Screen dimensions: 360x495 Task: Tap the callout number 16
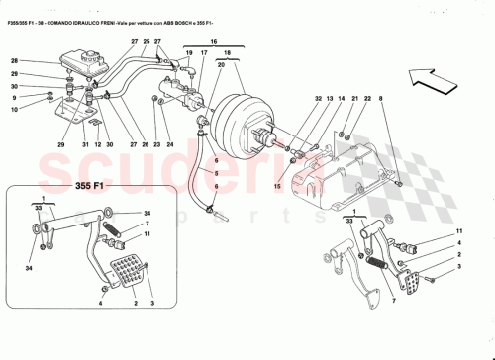[212, 43]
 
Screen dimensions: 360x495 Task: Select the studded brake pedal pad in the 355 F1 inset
[129, 271]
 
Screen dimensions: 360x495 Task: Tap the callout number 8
[379, 99]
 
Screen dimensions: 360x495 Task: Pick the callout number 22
[367, 99]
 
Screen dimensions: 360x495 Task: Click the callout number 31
[85, 146]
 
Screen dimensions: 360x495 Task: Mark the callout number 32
[318, 99]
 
